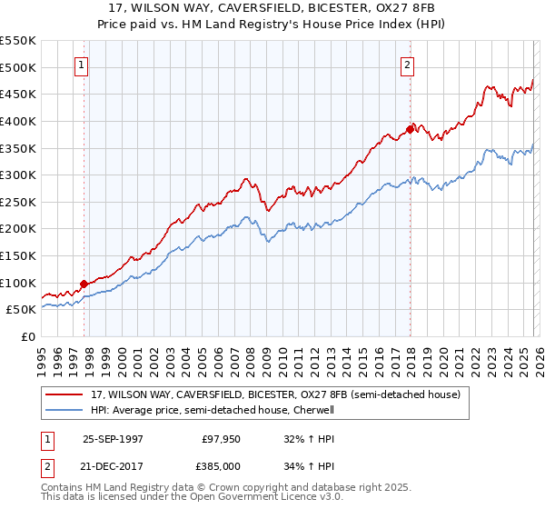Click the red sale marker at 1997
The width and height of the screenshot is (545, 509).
84,284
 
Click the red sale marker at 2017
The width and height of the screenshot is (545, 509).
410,129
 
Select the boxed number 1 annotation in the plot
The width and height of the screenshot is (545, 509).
82,65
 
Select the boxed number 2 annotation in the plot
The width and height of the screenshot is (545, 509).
408,65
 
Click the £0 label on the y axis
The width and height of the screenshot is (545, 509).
29,337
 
